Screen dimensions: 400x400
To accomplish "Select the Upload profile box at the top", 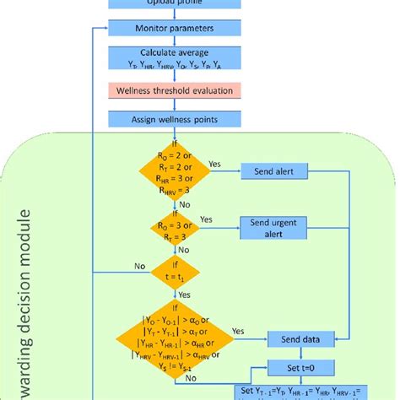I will (159, 3).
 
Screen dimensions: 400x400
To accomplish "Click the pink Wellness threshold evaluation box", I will (159, 89).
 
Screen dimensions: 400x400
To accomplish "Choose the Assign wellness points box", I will (159, 119).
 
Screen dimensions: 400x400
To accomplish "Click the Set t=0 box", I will (301, 368).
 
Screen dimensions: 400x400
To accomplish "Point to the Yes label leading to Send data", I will (239, 331).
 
